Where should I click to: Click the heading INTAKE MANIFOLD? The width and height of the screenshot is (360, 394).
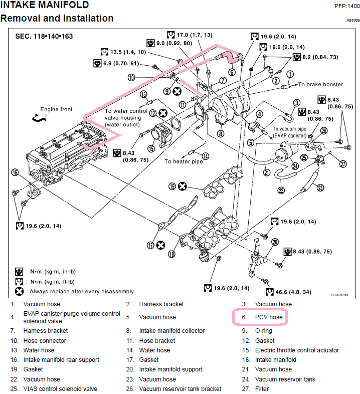45,6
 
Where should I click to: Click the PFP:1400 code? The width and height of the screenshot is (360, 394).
346,6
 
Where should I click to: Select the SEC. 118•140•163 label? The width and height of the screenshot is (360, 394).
44,37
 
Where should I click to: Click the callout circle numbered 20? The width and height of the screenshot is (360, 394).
274,242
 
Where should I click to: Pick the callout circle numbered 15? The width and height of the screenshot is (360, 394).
151,148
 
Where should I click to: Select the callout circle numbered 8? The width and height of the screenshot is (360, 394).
220,134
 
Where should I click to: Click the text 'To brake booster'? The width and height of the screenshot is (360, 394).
321,85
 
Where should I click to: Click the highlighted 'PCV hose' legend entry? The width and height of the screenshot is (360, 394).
269,317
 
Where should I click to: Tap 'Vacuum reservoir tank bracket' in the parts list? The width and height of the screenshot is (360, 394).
180,388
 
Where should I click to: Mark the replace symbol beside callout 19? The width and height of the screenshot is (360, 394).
183,186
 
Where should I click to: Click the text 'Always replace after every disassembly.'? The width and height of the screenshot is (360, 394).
82,291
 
